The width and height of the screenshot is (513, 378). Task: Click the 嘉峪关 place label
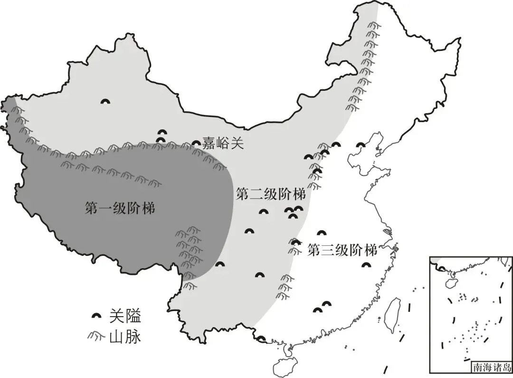click(x=223, y=143)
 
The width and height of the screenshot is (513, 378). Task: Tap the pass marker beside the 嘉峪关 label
click(x=196, y=143)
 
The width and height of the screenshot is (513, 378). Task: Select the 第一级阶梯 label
click(x=120, y=208)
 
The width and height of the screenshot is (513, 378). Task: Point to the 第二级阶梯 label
click(x=270, y=194)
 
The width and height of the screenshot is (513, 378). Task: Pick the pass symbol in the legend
click(x=97, y=315)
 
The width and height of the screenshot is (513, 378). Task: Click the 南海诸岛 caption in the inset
click(x=492, y=367)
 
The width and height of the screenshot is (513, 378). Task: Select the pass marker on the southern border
click(x=261, y=339)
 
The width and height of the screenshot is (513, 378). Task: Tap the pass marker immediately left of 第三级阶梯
click(x=296, y=242)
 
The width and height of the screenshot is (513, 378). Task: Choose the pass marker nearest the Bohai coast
click(x=361, y=145)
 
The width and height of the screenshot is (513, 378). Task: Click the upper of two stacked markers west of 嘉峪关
click(x=162, y=133)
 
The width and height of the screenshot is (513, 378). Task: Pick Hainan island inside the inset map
click(x=450, y=282)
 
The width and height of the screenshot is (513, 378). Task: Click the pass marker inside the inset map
click(x=441, y=269)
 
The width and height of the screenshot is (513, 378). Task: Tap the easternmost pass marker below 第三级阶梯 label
click(x=365, y=265)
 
